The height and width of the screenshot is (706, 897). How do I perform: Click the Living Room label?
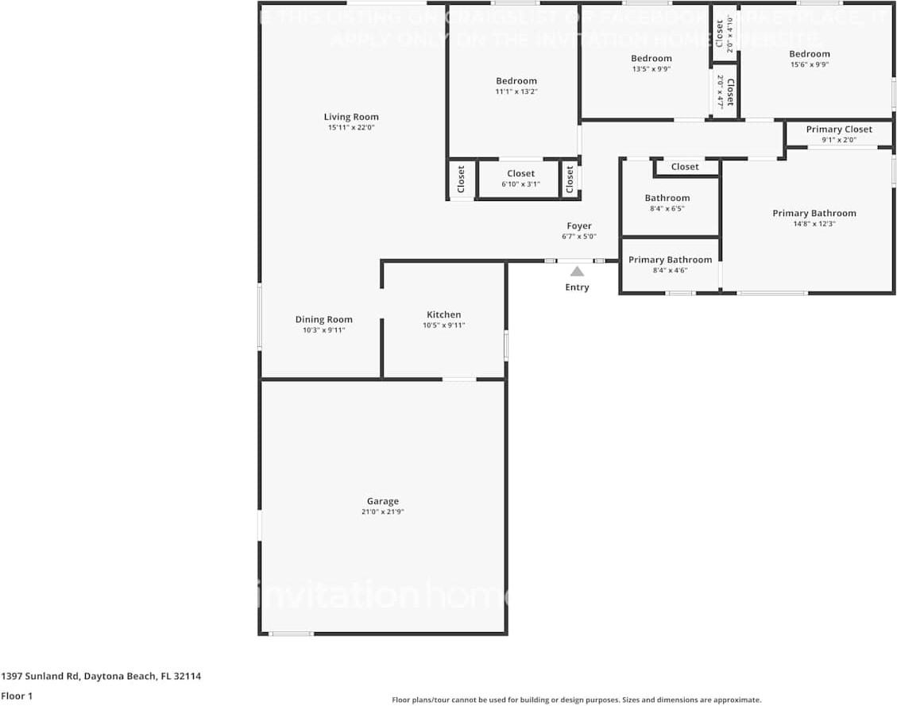pos(351,117)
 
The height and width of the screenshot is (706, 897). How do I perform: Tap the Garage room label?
pos(383,501)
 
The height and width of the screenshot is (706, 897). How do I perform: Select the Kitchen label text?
pos(443,314)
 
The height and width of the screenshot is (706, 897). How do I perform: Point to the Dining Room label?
pos(323,319)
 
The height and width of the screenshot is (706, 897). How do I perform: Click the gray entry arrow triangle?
pos(577,272)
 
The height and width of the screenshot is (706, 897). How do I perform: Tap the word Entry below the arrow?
pos(577,287)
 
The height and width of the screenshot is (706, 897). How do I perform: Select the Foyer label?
pos(578,226)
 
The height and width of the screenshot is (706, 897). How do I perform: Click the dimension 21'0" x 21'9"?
pos(383,512)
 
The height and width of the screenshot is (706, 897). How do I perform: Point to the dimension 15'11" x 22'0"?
pos(351,128)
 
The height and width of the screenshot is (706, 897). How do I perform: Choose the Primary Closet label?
pos(839,129)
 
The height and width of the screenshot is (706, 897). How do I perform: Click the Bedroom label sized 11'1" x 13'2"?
pos(516,80)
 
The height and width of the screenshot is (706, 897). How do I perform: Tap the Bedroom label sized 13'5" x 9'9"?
pos(651,58)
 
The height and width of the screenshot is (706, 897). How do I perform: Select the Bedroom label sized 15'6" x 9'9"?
pos(809,54)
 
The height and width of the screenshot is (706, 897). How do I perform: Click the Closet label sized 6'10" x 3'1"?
pos(520,173)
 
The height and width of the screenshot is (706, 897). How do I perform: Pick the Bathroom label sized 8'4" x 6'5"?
pos(667,198)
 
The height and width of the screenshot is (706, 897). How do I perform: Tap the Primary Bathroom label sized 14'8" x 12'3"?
pos(814,213)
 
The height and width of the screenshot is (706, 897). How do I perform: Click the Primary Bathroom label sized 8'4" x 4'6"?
pos(670,260)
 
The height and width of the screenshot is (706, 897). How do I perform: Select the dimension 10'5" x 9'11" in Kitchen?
pos(443,326)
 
